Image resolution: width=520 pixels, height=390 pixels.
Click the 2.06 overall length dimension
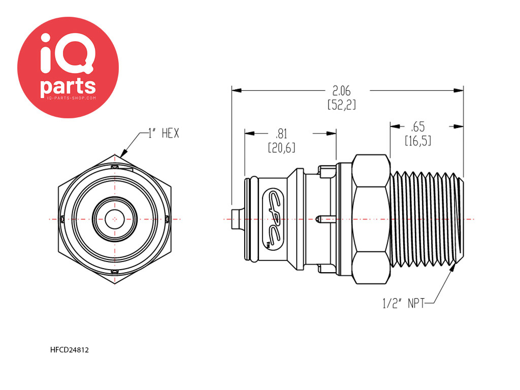(x=342, y=90)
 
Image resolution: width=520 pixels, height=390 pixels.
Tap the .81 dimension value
(x=281, y=134)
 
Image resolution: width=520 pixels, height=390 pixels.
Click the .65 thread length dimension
(x=417, y=126)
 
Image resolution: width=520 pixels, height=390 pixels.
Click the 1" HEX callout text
(x=164, y=134)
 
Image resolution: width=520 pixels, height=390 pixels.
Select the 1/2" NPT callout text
(x=404, y=303)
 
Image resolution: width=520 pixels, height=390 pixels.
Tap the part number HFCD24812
(x=69, y=350)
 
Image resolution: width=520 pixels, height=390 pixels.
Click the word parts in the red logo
(x=68, y=86)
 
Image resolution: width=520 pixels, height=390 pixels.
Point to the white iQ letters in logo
(x=68, y=53)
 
